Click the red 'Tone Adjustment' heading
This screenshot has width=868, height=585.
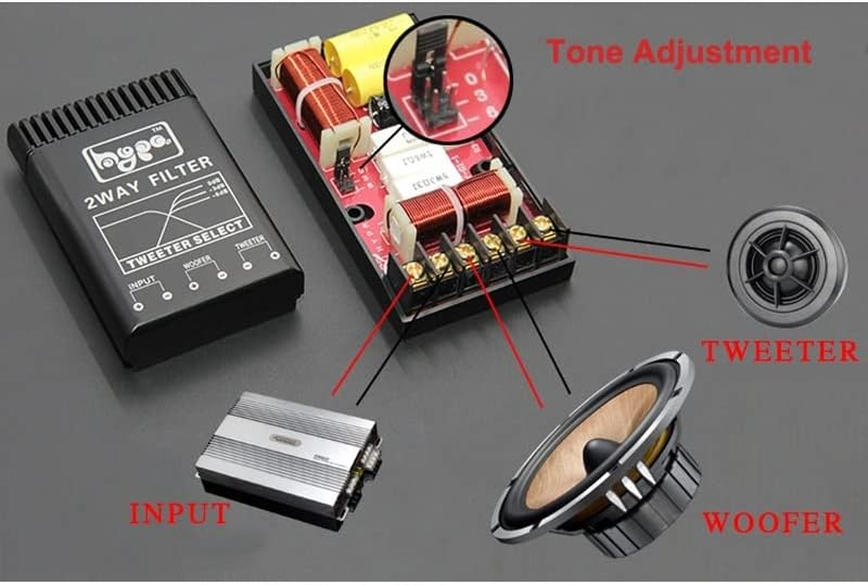(x=679, y=52)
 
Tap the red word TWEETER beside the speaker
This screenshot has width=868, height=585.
(x=780, y=351)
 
